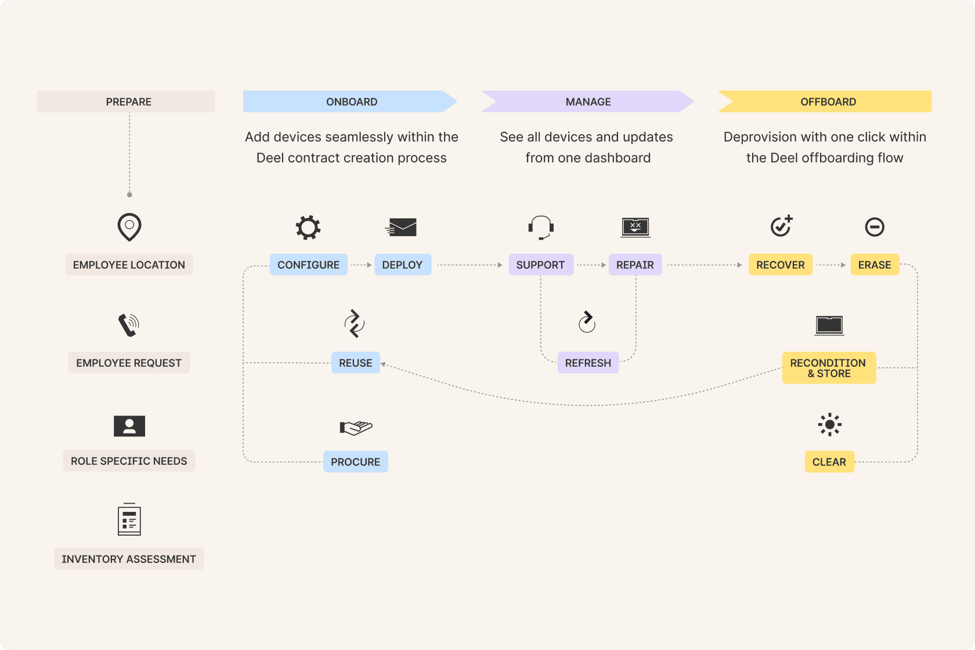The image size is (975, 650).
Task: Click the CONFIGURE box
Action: pyautogui.click(x=308, y=265)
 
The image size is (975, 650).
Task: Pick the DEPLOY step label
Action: pyautogui.click(x=402, y=265)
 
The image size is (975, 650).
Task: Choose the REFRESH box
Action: pyautogui.click(x=588, y=363)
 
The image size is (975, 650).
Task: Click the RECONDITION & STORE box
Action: pyautogui.click(x=828, y=368)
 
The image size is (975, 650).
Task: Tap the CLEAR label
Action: pyautogui.click(x=829, y=462)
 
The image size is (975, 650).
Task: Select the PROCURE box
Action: pyautogui.click(x=355, y=462)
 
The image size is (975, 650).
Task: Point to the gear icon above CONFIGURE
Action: pyautogui.click(x=308, y=228)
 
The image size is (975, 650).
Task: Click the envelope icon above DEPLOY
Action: pyautogui.click(x=402, y=228)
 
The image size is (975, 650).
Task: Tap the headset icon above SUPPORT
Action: pyautogui.click(x=541, y=227)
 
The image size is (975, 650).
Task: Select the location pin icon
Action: pyautogui.click(x=129, y=226)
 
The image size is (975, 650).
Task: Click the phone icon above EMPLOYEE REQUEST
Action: pyautogui.click(x=129, y=325)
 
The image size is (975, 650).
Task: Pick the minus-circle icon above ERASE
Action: pyautogui.click(x=874, y=227)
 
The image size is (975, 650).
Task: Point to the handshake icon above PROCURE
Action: pyautogui.click(x=356, y=428)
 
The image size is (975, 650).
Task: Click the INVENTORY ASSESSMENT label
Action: pyautogui.click(x=129, y=559)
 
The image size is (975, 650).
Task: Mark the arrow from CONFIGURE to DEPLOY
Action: pyautogui.click(x=361, y=265)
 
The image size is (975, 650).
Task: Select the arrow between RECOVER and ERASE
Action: pyautogui.click(x=831, y=265)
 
